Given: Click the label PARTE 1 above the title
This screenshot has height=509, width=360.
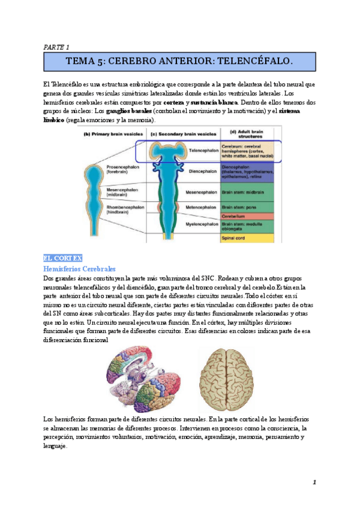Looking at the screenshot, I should pyautogui.click(x=57, y=46).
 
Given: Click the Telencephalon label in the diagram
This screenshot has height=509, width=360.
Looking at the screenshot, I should pyautogui.click(x=201, y=151).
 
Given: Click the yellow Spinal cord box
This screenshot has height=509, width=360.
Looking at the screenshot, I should pyautogui.click(x=247, y=238).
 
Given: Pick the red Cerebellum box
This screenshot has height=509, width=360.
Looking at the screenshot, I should pyautogui.click(x=247, y=216).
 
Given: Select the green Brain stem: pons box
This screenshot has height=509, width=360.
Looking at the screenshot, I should pyautogui.click(x=247, y=206).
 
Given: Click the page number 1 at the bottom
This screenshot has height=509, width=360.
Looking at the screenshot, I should pyautogui.click(x=314, y=482).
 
